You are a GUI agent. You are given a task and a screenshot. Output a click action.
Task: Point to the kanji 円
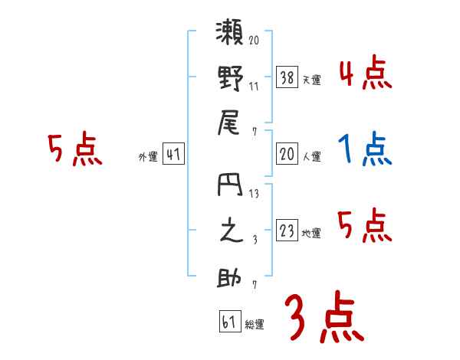click(230, 188)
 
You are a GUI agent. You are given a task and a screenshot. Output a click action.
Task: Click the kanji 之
click(230, 233)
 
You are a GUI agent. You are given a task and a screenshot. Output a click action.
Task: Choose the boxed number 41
click(173, 154)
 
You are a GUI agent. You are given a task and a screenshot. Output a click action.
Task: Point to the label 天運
click(311, 80)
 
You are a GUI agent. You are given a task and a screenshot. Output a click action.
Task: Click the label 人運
click(311, 157)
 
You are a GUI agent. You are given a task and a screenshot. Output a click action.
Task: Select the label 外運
click(147, 157)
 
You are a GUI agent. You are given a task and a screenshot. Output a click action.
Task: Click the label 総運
click(254, 325)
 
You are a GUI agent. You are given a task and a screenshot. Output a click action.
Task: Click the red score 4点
click(365, 74)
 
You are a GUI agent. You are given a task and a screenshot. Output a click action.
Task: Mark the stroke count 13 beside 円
click(254, 193)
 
